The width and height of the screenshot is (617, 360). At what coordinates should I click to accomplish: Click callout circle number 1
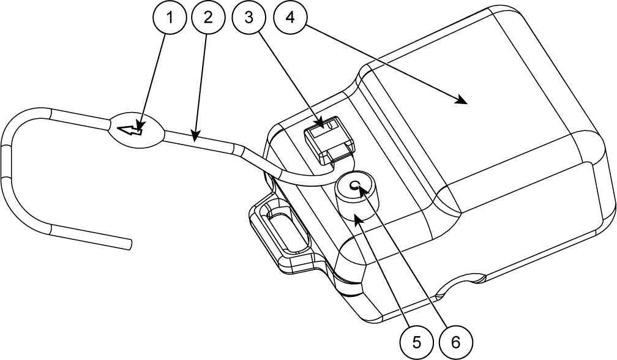click(x=170, y=18)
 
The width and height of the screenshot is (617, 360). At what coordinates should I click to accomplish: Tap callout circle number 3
click(x=249, y=18)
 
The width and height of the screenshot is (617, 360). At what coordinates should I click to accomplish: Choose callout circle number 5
click(x=416, y=341)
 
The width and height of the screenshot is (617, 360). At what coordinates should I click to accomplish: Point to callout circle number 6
click(x=454, y=341)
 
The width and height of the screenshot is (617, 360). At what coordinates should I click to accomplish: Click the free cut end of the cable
click(x=129, y=243)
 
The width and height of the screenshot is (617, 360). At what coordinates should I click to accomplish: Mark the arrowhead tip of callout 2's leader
click(x=195, y=138)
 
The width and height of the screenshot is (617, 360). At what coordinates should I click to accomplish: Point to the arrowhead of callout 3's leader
click(x=322, y=127)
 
